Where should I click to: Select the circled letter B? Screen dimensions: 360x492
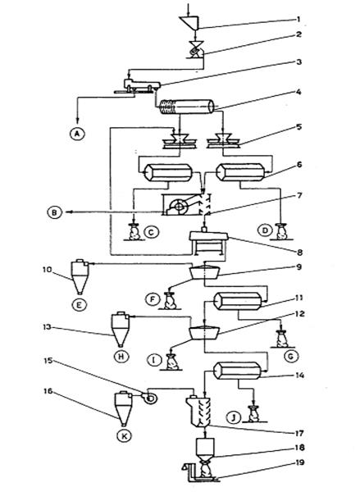(55, 212)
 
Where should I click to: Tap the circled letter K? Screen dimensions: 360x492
(125, 436)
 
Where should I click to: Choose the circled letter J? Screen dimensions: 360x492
(235, 418)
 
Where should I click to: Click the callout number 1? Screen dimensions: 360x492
(298, 19)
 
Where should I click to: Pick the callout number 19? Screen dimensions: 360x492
(300, 462)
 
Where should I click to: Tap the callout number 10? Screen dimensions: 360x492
(47, 270)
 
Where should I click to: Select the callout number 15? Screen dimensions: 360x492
(48, 361)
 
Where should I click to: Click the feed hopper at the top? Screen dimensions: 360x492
(190, 23)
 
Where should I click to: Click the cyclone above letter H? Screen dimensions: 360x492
(121, 329)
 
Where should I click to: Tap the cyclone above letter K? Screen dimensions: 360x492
(122, 408)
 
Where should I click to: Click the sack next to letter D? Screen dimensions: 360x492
(281, 232)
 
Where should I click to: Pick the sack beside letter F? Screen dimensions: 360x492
(171, 300)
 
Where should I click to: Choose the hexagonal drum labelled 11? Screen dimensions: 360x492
(238, 301)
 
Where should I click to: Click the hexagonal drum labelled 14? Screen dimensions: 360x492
(238, 371)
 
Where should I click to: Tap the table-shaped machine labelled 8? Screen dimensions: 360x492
(209, 242)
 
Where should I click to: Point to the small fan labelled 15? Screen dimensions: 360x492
(149, 399)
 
